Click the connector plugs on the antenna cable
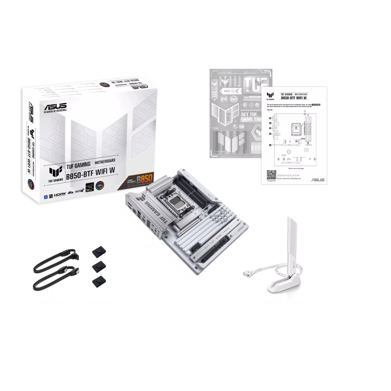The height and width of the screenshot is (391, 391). [x=246, y=272]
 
